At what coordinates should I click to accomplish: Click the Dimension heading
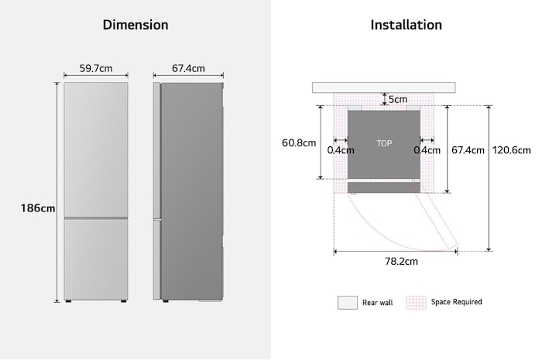click(135, 25)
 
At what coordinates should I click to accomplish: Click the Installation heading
click(406, 25)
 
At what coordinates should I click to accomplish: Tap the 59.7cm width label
click(96, 68)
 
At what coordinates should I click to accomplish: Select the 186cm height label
click(38, 208)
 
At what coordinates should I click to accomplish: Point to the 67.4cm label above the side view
click(188, 68)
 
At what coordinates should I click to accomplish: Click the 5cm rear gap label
click(398, 99)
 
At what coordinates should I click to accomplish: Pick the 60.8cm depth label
click(299, 143)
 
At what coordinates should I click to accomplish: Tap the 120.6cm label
click(512, 150)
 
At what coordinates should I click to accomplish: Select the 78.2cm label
click(402, 262)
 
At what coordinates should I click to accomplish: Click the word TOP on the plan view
click(384, 144)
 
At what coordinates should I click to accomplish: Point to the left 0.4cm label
click(341, 150)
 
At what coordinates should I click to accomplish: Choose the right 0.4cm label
click(427, 150)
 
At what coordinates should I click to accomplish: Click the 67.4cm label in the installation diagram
click(468, 150)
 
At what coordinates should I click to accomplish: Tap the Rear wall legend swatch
click(347, 302)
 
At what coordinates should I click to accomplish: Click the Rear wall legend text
click(377, 303)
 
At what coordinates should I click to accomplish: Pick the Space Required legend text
click(456, 302)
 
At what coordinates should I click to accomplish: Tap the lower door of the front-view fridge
click(96, 258)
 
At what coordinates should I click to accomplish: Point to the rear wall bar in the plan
click(383, 87)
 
